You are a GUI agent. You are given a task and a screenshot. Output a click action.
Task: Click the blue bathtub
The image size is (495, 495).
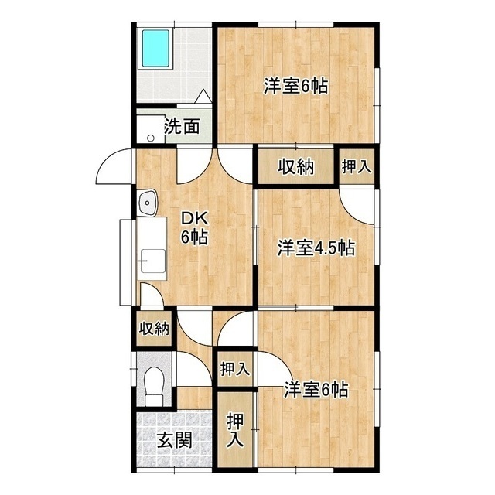(158, 49)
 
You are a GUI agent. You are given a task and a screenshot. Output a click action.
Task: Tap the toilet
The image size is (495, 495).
(155, 384)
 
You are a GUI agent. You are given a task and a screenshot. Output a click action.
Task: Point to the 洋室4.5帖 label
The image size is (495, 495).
(316, 248)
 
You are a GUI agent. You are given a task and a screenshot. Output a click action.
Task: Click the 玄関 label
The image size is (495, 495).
(174, 442)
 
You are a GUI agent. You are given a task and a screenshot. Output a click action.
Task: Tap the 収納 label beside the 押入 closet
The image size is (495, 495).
(295, 166)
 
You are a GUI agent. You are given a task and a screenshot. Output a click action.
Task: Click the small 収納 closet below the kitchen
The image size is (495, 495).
(154, 329)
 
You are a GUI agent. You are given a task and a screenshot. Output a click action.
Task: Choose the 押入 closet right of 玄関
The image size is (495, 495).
(235, 431)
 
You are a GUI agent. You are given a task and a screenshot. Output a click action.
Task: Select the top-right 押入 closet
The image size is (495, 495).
(357, 166)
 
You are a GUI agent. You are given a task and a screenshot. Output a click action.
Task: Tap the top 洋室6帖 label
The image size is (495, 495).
(295, 86)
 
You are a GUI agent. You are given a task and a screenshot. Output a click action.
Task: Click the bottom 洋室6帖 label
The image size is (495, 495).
(315, 389)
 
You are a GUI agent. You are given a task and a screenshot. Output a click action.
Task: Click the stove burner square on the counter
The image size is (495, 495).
(152, 261)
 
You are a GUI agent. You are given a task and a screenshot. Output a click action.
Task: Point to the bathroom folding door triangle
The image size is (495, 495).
(203, 97)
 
